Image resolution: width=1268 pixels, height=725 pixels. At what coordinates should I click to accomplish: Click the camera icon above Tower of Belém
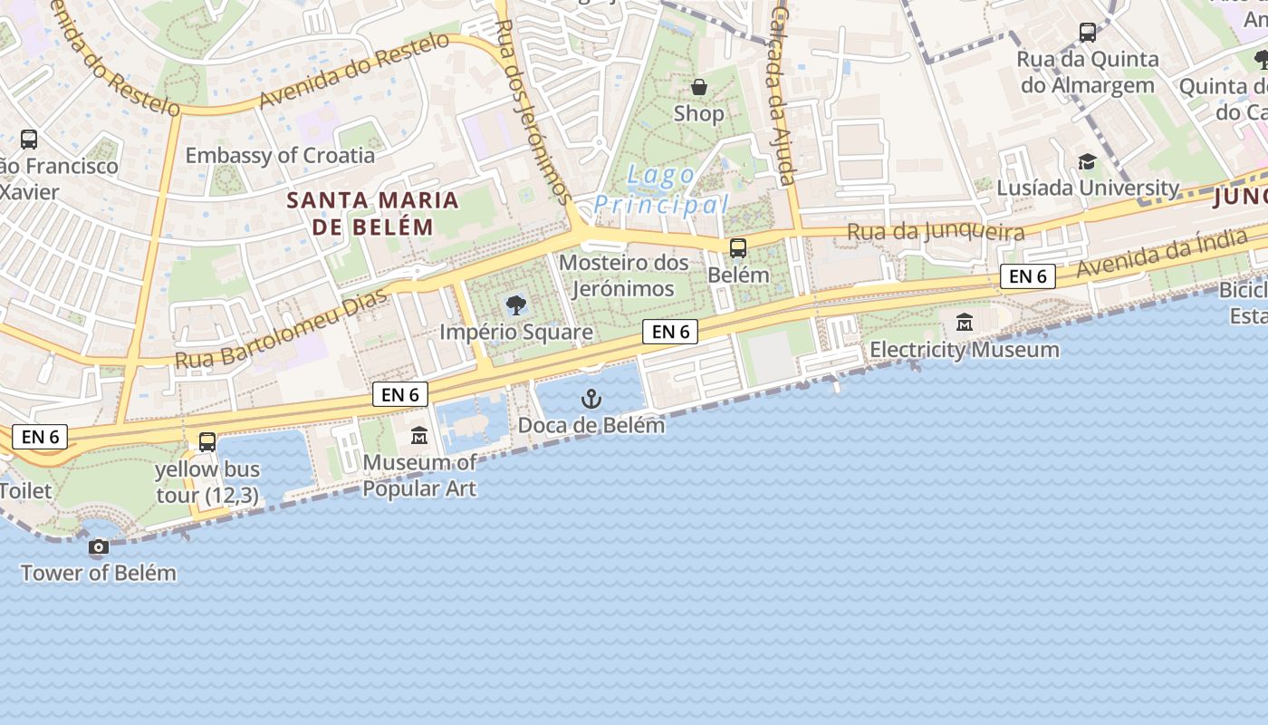[x=98, y=546]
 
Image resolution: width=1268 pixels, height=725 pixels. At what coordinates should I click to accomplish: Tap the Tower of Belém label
[x=98, y=573]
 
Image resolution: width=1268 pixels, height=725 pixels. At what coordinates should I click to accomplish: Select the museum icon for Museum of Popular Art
[x=418, y=437]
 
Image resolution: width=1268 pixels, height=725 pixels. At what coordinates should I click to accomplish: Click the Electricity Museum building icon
[x=965, y=322]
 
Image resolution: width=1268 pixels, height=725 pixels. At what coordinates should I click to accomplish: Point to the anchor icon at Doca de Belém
[x=591, y=398]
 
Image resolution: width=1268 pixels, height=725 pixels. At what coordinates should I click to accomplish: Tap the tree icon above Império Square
[x=515, y=304]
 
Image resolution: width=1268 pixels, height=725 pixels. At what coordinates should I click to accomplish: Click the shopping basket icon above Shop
[x=698, y=87]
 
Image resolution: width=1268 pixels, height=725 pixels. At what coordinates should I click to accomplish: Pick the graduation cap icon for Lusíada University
[x=1087, y=161]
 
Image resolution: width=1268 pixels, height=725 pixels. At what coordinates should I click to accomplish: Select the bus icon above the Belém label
[x=738, y=247]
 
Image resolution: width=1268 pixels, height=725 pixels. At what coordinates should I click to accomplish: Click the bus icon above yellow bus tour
[x=207, y=441]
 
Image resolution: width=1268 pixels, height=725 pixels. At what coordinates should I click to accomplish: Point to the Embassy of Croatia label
[x=280, y=155]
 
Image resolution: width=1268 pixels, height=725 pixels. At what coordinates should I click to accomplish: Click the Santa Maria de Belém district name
[x=373, y=213]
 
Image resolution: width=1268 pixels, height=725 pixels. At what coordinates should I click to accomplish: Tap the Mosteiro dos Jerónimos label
[x=623, y=275]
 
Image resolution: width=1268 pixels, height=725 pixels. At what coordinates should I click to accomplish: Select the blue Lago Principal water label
[x=661, y=189]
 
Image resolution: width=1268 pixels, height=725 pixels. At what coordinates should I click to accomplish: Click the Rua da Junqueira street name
[x=936, y=232]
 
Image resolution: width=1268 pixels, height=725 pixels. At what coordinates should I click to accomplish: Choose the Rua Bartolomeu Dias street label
[x=282, y=329]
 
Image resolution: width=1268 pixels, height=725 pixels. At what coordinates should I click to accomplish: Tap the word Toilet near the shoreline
[x=25, y=491]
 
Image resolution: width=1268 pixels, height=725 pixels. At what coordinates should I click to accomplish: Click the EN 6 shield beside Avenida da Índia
[x=1028, y=276]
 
